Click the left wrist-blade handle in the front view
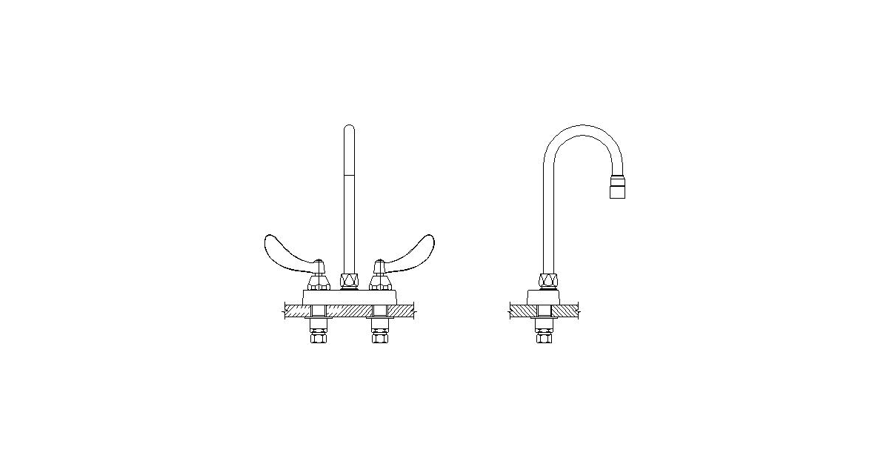tap(285, 251)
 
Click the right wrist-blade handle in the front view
tap(412, 251)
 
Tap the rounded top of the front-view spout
tap(350, 130)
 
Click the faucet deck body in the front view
tap(348, 297)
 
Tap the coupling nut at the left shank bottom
tap(318, 339)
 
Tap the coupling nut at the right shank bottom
tap(379, 339)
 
